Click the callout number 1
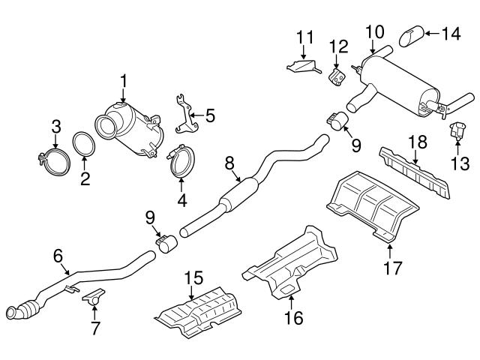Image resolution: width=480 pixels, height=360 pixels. click(124, 80)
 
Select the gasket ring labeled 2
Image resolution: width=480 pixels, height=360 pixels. click(83, 145)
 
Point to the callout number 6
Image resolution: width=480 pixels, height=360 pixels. click(58, 256)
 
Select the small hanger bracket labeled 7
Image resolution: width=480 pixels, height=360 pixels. click(92, 295)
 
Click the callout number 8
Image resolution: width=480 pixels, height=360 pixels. click(230, 161)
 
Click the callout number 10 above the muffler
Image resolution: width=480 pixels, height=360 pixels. click(373, 31)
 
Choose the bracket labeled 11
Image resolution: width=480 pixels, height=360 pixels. click(302, 67)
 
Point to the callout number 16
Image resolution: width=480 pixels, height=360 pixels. click(294, 318)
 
